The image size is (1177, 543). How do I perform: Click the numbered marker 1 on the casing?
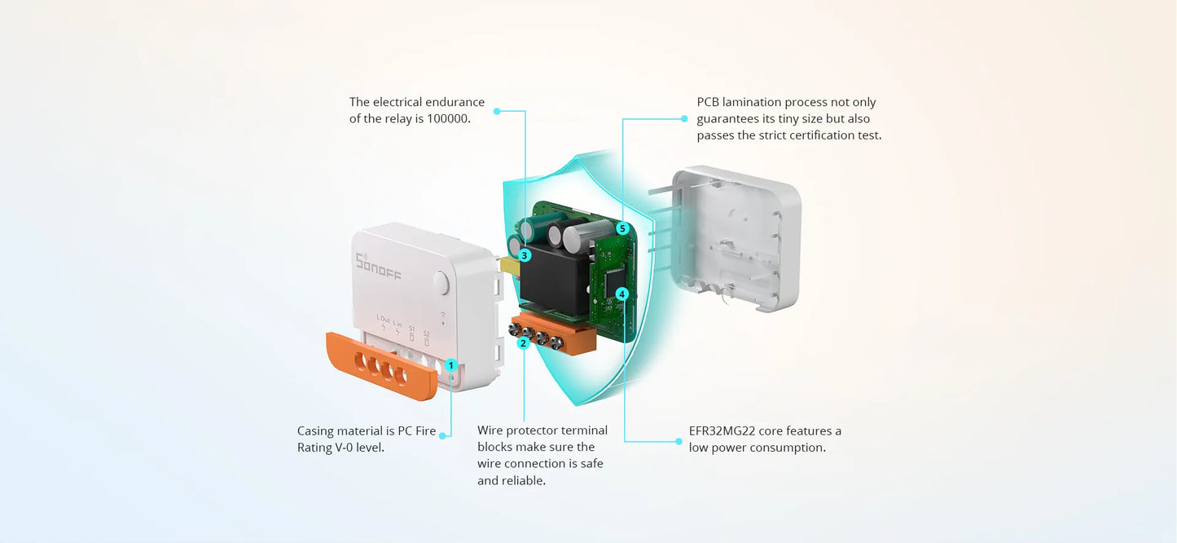point(451,366)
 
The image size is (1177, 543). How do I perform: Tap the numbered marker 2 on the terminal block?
point(524,343)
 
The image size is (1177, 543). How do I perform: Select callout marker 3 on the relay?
point(525,255)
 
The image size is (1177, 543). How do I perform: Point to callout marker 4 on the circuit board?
point(622,294)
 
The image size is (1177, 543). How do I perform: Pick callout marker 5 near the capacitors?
point(622,228)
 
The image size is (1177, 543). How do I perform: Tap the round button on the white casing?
point(441,283)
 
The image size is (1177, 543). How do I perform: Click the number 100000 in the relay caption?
point(449,119)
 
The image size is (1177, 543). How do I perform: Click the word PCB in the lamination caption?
point(709,103)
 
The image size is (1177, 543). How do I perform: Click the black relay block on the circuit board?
point(554,281)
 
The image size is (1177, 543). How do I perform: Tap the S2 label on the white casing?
point(426,333)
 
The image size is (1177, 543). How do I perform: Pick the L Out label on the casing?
point(383,319)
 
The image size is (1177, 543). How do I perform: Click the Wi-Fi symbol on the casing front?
point(442,315)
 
